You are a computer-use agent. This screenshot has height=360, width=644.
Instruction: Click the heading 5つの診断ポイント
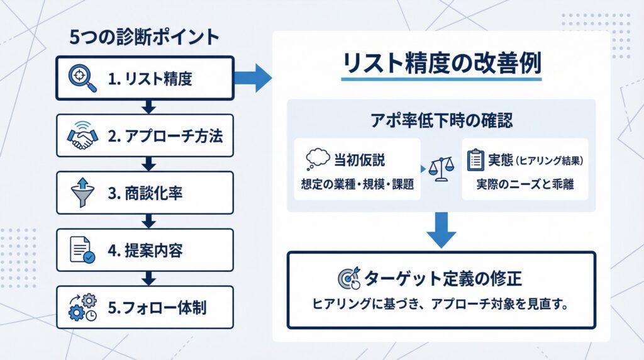tap(144, 37)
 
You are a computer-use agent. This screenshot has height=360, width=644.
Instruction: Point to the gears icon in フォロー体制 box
tap(83, 308)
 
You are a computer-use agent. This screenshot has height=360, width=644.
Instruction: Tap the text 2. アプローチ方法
tap(164, 136)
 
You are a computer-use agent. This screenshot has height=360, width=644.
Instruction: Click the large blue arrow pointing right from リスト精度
tap(253, 78)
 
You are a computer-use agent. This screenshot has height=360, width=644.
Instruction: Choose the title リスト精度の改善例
tap(441, 64)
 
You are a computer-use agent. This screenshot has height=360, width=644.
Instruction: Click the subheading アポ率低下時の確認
tap(441, 119)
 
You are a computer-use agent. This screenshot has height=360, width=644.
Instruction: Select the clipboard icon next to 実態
tap(476, 160)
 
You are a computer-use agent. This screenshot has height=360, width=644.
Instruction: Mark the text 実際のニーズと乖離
tap(525, 186)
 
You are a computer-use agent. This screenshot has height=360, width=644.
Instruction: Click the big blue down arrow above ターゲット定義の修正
tap(441, 230)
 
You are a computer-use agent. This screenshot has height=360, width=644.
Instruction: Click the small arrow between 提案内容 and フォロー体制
tap(149, 278)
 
